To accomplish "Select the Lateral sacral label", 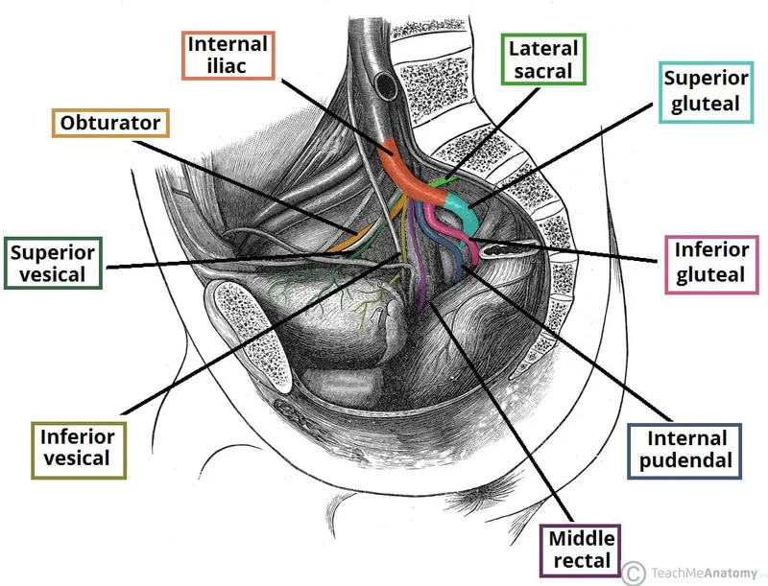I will click(543, 59).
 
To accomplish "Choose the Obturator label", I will click(110, 124).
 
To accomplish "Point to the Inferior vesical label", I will click(78, 447).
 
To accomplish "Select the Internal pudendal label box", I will click(681, 451).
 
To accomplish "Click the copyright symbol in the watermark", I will click(633, 573).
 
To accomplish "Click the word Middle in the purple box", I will click(579, 538).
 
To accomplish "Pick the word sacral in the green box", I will click(543, 70).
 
